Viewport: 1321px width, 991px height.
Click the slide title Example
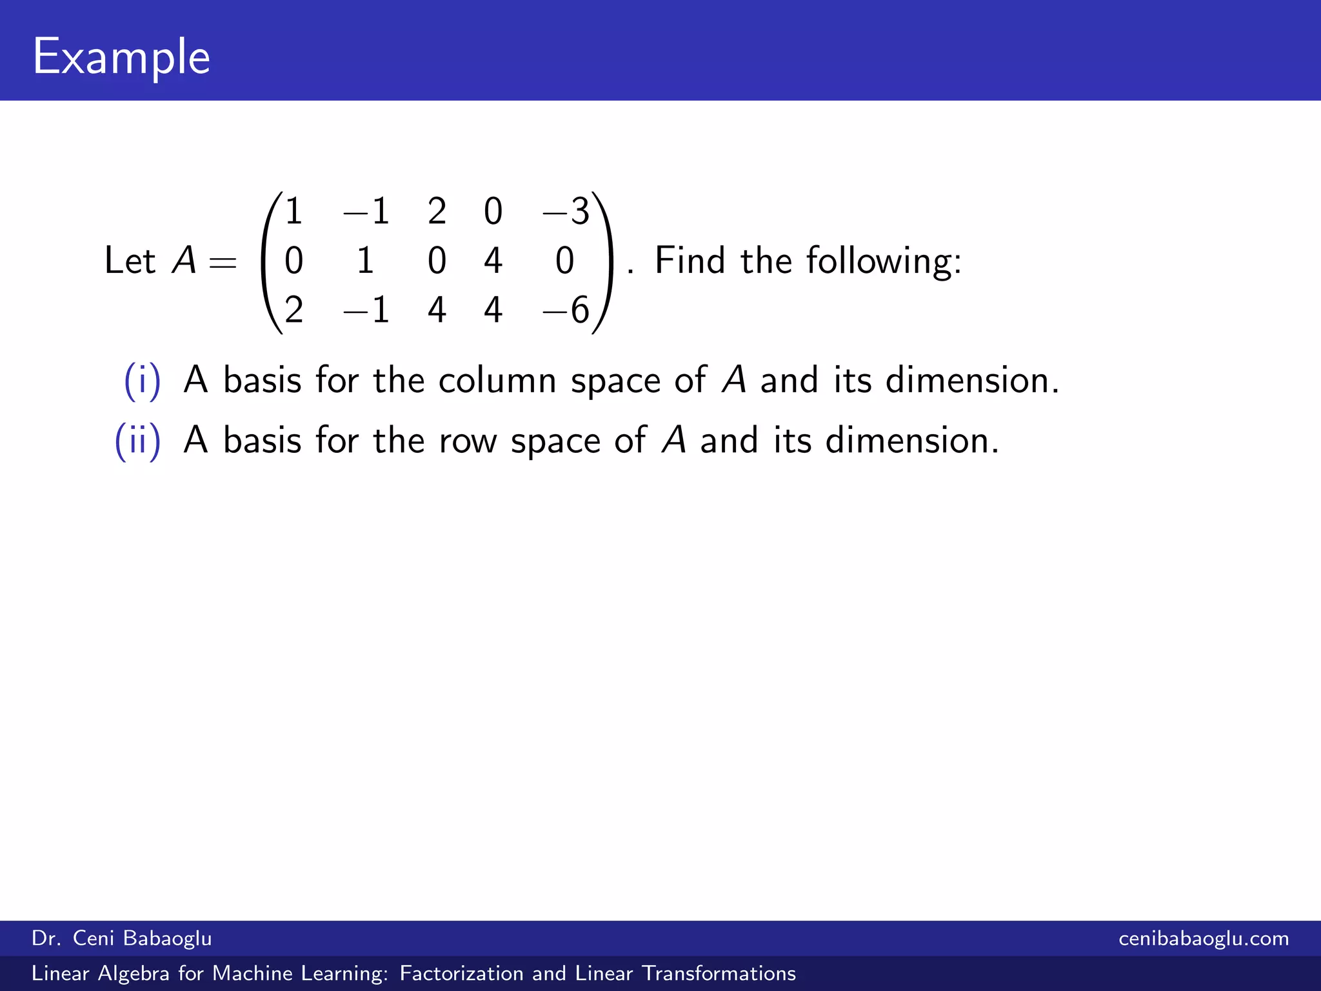pyautogui.click(x=121, y=57)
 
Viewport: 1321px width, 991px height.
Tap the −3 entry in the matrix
pyautogui.click(x=566, y=212)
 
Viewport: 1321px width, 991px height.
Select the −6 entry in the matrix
pyautogui.click(x=566, y=310)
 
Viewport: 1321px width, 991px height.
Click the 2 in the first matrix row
pyautogui.click(x=437, y=212)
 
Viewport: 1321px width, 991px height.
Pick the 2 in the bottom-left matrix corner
pyautogui.click(x=293, y=310)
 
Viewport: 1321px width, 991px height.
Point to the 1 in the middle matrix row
pyautogui.click(x=365, y=261)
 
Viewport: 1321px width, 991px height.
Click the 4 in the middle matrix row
pyautogui.click(x=493, y=261)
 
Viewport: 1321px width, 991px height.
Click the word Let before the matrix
pyautogui.click(x=130, y=261)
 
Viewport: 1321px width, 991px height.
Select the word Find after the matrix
pyautogui.click(x=690, y=261)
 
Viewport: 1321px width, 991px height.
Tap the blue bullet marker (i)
pyautogui.click(x=142, y=381)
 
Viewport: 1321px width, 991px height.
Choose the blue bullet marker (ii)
pyautogui.click(x=137, y=441)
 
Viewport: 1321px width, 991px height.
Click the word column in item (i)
pyautogui.click(x=497, y=381)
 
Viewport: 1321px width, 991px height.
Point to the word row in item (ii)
pyautogui.click(x=468, y=442)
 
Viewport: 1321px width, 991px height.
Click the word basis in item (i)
pyautogui.click(x=262, y=381)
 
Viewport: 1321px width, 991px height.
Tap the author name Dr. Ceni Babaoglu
pyautogui.click(x=122, y=939)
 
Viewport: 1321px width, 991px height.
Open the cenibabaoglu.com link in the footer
pyautogui.click(x=1204, y=939)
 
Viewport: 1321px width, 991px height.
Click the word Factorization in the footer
pyautogui.click(x=461, y=974)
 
